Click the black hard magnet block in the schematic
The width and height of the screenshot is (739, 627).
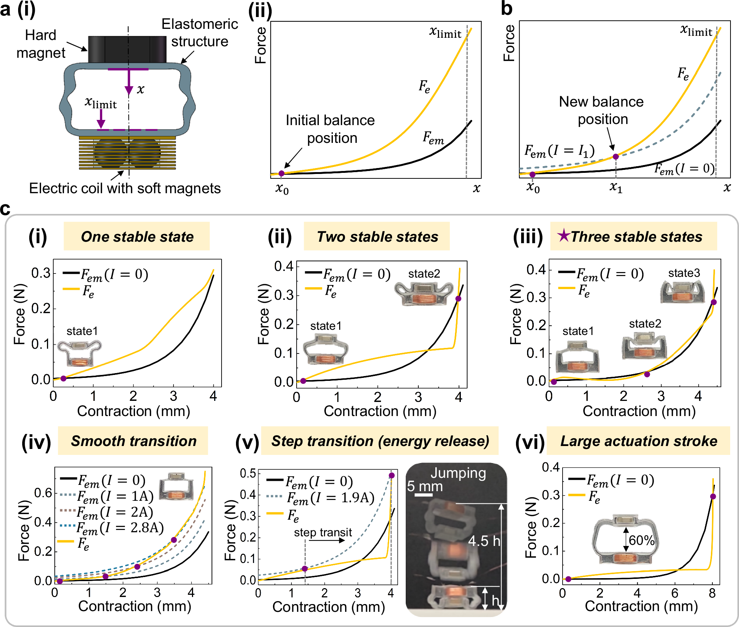(127, 49)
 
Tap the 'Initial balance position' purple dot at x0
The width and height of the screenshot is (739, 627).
(281, 173)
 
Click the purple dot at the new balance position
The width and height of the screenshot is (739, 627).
(615, 157)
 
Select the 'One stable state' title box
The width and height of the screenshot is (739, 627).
(136, 237)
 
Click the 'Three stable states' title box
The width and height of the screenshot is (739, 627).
(633, 237)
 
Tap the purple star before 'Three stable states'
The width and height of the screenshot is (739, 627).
(564, 235)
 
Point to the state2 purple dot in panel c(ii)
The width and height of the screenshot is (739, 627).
(458, 299)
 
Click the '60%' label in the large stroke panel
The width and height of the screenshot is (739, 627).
(642, 540)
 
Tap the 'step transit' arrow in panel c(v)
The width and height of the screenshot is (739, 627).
(327, 540)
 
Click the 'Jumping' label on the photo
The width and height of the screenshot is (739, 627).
(458, 473)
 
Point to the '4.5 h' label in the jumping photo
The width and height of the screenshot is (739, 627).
(484, 541)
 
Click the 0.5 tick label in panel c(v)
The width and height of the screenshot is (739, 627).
(248, 473)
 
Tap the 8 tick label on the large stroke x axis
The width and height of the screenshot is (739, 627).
(712, 594)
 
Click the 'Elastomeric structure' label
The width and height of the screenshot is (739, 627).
(200, 33)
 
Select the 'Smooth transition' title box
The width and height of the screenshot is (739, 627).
(133, 441)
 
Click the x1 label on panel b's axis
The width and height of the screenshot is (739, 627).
(616, 188)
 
